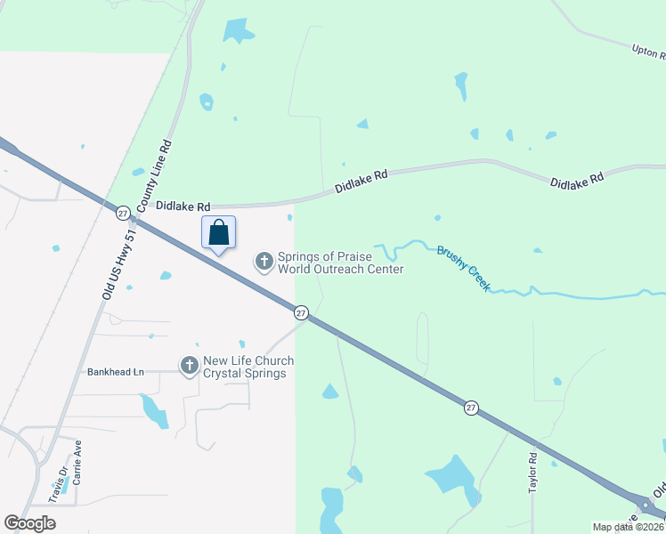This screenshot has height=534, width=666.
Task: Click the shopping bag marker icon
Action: (219, 234)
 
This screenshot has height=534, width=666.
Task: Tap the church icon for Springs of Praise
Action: (264, 261)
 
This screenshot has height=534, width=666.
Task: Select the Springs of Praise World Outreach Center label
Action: (340, 263)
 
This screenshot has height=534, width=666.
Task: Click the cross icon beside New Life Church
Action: (189, 366)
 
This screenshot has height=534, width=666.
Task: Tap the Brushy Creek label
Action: (463, 269)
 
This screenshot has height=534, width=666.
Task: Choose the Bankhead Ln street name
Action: (115, 372)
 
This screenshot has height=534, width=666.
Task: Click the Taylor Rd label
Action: (532, 473)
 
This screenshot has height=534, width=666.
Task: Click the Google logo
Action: (29, 523)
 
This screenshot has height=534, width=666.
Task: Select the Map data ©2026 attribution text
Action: (628, 527)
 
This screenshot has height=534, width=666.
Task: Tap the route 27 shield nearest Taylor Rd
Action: (470, 407)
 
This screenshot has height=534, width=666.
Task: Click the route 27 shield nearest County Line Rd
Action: (123, 212)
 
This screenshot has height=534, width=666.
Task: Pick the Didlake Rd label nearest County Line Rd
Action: (183, 205)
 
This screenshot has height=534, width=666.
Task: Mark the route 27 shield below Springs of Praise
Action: (301, 312)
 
